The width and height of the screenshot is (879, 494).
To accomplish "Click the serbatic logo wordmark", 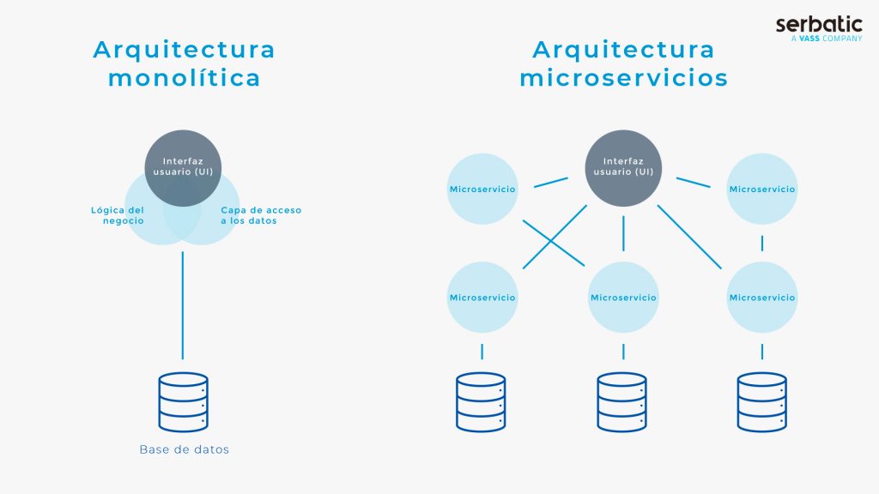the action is pyautogui.click(x=819, y=24).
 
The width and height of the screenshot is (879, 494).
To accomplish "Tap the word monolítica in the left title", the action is pyautogui.click(x=185, y=78).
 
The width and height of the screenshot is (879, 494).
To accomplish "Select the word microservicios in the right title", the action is pyautogui.click(x=623, y=78).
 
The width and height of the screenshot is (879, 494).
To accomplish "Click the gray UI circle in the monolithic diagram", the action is pyautogui.click(x=183, y=168).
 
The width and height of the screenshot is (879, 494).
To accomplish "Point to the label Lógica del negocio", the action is pyautogui.click(x=118, y=215).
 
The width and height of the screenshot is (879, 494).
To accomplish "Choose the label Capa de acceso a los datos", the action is pyautogui.click(x=261, y=215).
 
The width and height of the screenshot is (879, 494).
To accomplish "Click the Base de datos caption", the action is pyautogui.click(x=185, y=449).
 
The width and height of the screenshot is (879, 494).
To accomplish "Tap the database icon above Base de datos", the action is pyautogui.click(x=184, y=402).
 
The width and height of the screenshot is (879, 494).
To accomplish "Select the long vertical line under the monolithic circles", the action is pyautogui.click(x=182, y=305).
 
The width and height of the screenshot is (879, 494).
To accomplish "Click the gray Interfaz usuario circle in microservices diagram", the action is pyautogui.click(x=623, y=168).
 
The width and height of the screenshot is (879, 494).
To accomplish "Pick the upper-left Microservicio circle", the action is pyautogui.click(x=482, y=189).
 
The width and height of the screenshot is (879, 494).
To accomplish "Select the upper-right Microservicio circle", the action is pyautogui.click(x=762, y=189).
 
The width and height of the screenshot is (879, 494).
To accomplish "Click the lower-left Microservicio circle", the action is pyautogui.click(x=482, y=298).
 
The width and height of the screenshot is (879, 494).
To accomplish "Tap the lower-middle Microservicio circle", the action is pyautogui.click(x=623, y=298).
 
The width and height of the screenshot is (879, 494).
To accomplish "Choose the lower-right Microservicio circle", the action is pyautogui.click(x=762, y=298).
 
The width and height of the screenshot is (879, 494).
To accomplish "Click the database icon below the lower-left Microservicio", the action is pyautogui.click(x=481, y=402).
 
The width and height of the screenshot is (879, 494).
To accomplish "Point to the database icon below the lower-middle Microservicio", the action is pyautogui.click(x=621, y=402).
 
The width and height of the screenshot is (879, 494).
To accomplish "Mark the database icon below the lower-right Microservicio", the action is pyautogui.click(x=762, y=402).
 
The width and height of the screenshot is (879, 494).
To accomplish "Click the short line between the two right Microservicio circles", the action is pyautogui.click(x=762, y=243).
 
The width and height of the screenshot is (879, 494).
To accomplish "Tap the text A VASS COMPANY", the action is pyautogui.click(x=827, y=39).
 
